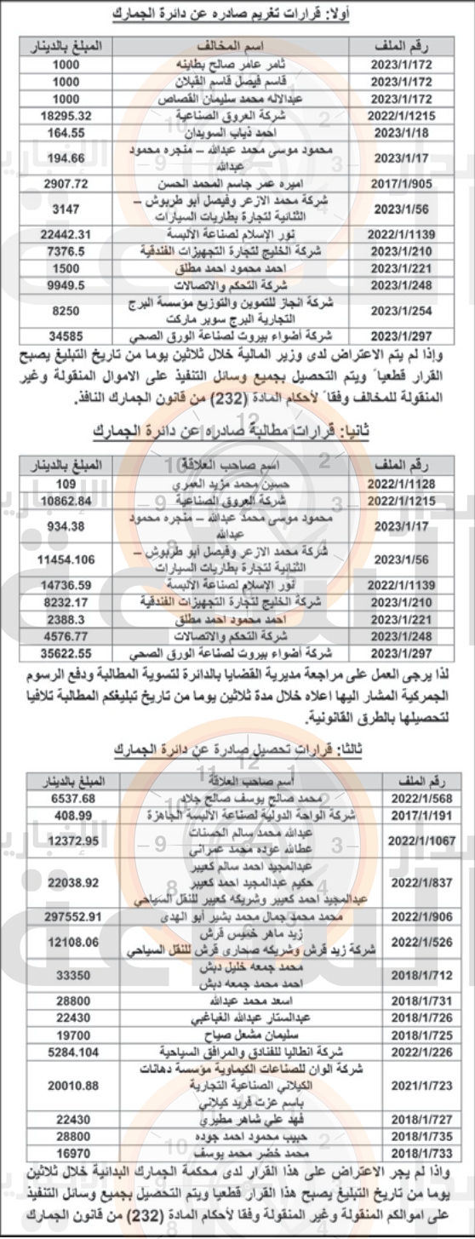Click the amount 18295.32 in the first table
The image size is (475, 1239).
tap(60, 112)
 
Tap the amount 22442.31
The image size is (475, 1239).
tap(60, 233)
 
